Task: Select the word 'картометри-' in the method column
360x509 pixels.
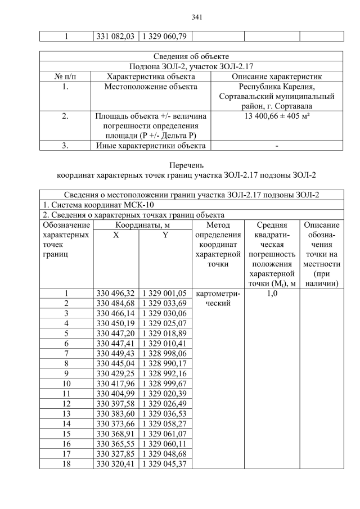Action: (217, 293)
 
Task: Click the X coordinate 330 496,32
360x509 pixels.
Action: (115, 293)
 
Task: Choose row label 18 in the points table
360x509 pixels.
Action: (66, 463)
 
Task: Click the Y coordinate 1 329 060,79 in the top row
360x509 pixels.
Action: (164, 37)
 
